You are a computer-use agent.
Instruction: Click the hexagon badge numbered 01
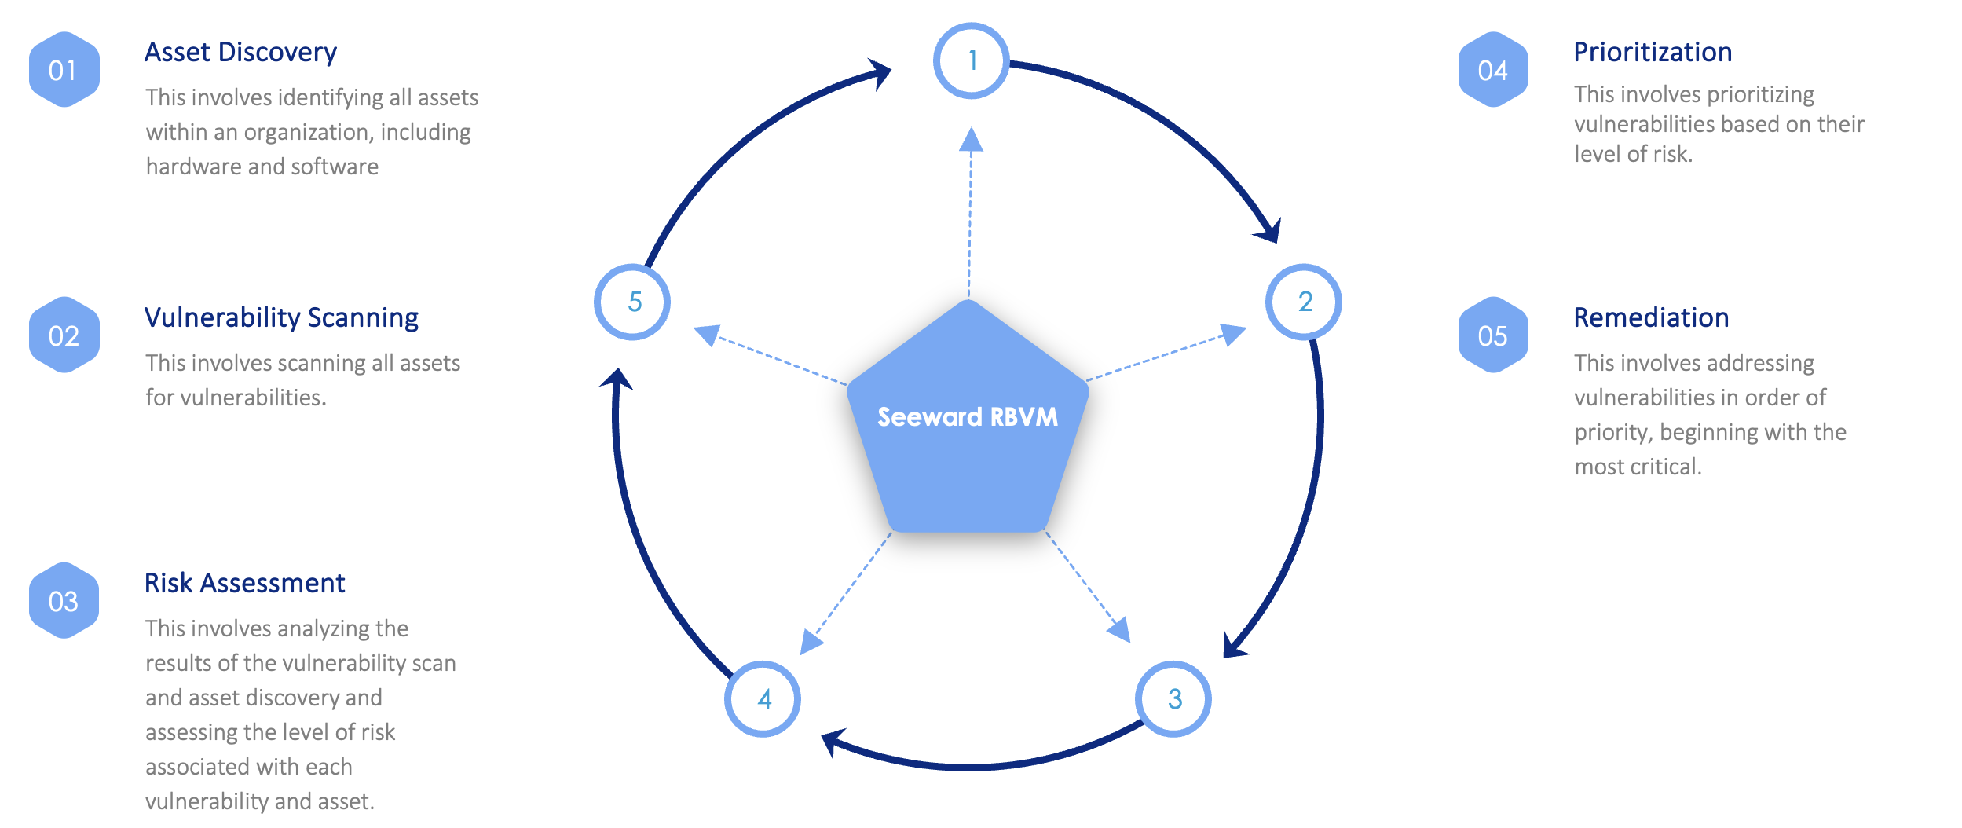click(64, 70)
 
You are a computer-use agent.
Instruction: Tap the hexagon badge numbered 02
click(64, 335)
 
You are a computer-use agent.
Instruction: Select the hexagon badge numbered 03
click(64, 601)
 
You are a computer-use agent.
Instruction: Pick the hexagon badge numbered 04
click(1492, 70)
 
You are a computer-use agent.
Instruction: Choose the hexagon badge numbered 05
click(1492, 335)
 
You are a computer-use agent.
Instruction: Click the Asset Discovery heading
click(240, 52)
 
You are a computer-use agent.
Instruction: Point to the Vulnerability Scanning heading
click(281, 317)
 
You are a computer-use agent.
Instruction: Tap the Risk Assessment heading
click(244, 583)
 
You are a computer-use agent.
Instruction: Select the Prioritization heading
click(1653, 52)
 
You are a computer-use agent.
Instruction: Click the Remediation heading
click(1651, 317)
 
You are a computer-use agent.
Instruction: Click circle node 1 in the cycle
click(972, 60)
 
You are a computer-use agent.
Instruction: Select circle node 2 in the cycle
click(1304, 302)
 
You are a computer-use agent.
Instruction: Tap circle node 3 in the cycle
click(1173, 698)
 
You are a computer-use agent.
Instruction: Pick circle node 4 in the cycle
click(763, 698)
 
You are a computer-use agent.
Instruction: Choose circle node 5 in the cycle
click(632, 302)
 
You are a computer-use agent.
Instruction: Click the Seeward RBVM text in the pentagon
click(968, 416)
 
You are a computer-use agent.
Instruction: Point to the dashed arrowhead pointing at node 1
click(972, 139)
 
